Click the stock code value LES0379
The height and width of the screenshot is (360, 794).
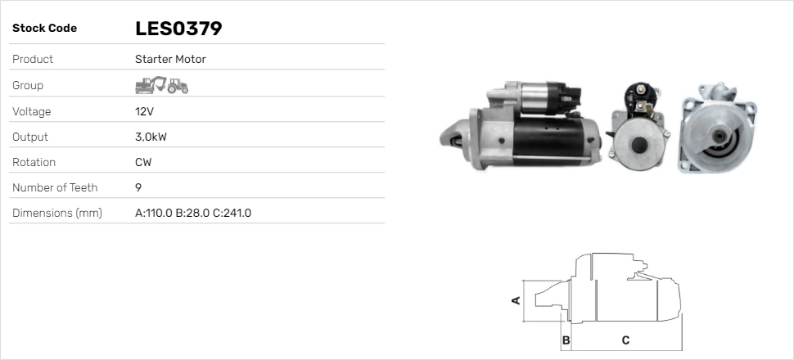click(x=178, y=29)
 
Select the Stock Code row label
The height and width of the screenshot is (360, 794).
click(x=44, y=29)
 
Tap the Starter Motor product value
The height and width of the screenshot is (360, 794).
click(x=170, y=60)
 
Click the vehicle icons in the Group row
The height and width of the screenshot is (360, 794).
click(x=161, y=85)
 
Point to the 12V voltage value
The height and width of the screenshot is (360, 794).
click(x=144, y=111)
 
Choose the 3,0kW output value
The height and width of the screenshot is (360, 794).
click(x=151, y=137)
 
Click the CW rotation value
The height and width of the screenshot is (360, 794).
click(x=143, y=162)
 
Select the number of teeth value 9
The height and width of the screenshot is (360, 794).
click(x=138, y=187)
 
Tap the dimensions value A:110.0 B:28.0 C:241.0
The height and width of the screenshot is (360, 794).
click(x=192, y=214)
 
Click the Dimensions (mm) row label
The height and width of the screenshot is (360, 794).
click(x=56, y=214)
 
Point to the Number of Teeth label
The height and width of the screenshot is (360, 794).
click(x=55, y=187)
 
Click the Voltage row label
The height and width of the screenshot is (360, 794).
click(x=32, y=111)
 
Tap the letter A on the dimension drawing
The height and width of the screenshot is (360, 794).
click(x=516, y=300)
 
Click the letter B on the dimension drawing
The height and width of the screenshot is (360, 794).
click(x=566, y=340)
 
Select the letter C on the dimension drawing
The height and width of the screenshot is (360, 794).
click(x=625, y=340)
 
